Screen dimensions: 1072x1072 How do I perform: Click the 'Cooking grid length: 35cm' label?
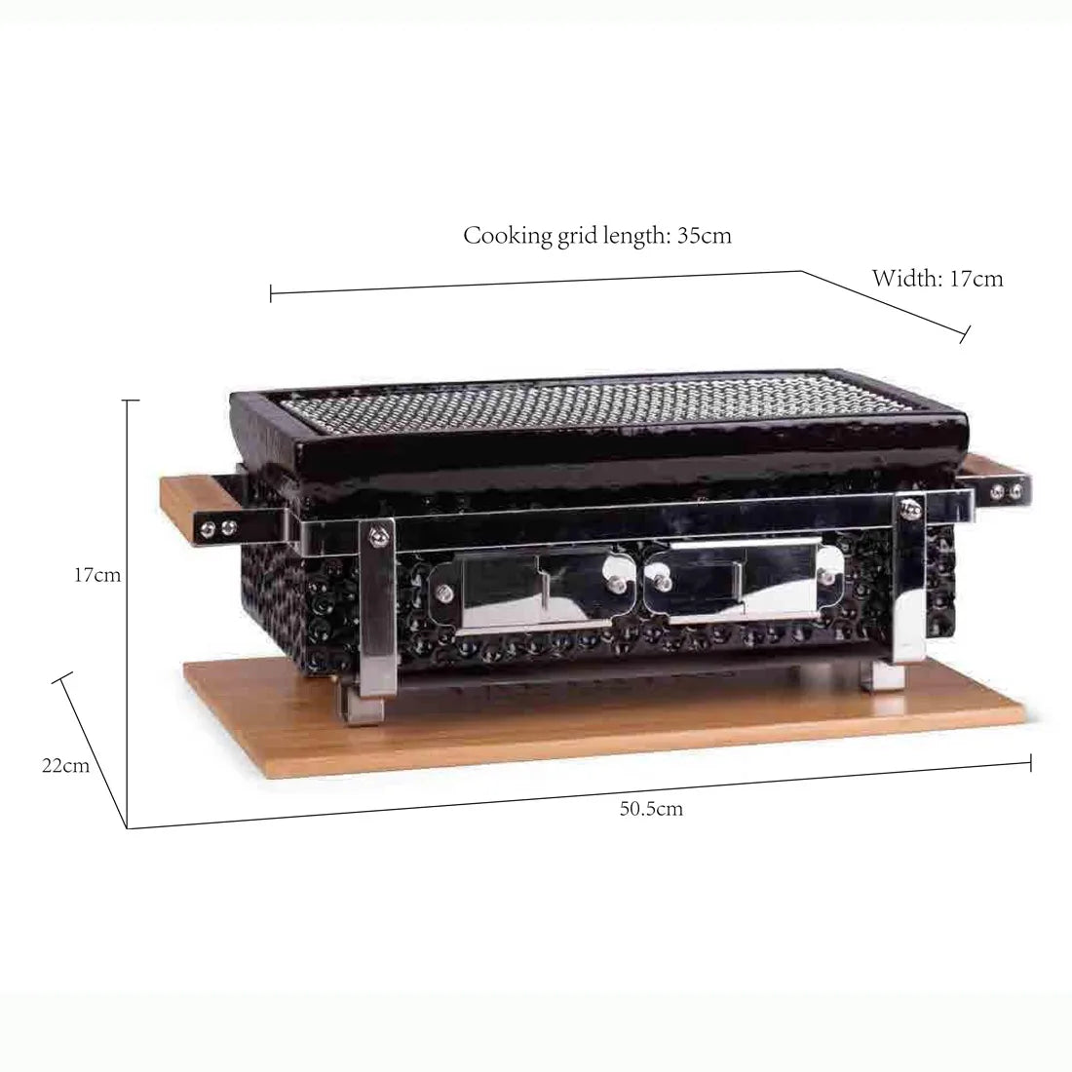596,236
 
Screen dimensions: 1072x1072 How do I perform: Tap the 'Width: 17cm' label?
937,279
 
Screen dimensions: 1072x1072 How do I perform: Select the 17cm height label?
97,575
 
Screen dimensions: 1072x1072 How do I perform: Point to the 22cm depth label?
65,765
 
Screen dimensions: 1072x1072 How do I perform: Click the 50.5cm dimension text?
651,808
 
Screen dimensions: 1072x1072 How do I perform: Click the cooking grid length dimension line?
536,282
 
